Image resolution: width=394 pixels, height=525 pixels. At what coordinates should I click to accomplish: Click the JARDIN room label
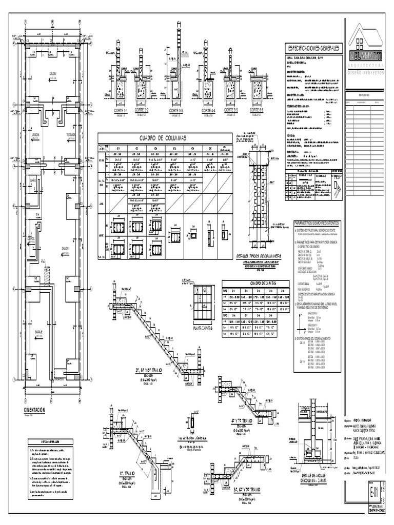point(35,135)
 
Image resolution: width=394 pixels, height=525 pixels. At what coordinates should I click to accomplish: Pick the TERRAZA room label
point(71,135)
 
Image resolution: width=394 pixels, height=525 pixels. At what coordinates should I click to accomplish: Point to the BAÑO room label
point(32,180)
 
